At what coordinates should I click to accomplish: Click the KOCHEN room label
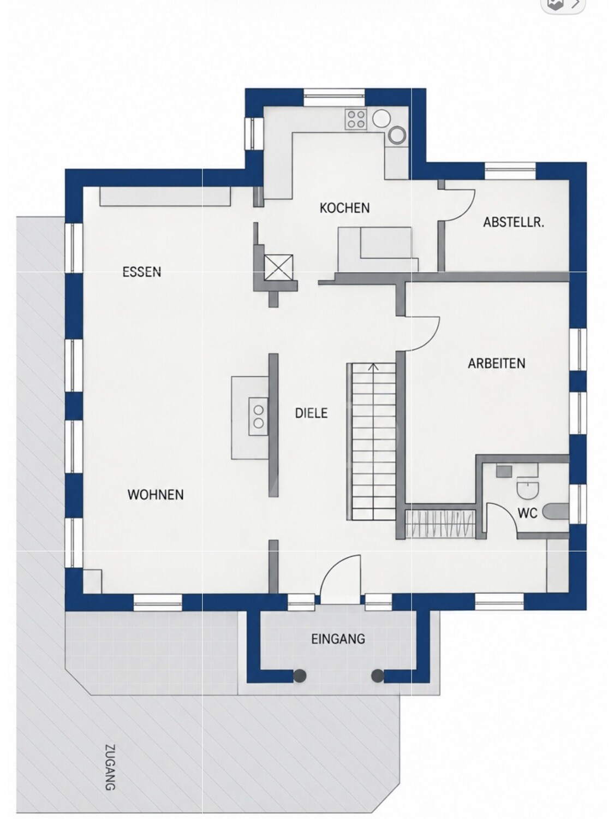(x=344, y=208)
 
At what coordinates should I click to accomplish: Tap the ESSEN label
(x=142, y=271)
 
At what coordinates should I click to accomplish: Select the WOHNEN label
(x=156, y=495)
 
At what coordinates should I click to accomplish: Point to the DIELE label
(x=311, y=413)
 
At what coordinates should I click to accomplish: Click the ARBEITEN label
(x=497, y=364)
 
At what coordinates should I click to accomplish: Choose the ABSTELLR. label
(x=514, y=222)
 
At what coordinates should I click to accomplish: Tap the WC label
(x=528, y=513)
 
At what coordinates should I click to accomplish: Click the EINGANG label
(x=338, y=639)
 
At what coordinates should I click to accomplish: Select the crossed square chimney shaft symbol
(x=278, y=267)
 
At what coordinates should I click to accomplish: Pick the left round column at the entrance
(x=300, y=675)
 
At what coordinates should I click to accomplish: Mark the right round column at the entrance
(x=378, y=675)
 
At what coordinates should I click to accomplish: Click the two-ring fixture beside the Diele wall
(x=258, y=417)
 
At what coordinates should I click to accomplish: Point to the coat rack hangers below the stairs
(x=440, y=524)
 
